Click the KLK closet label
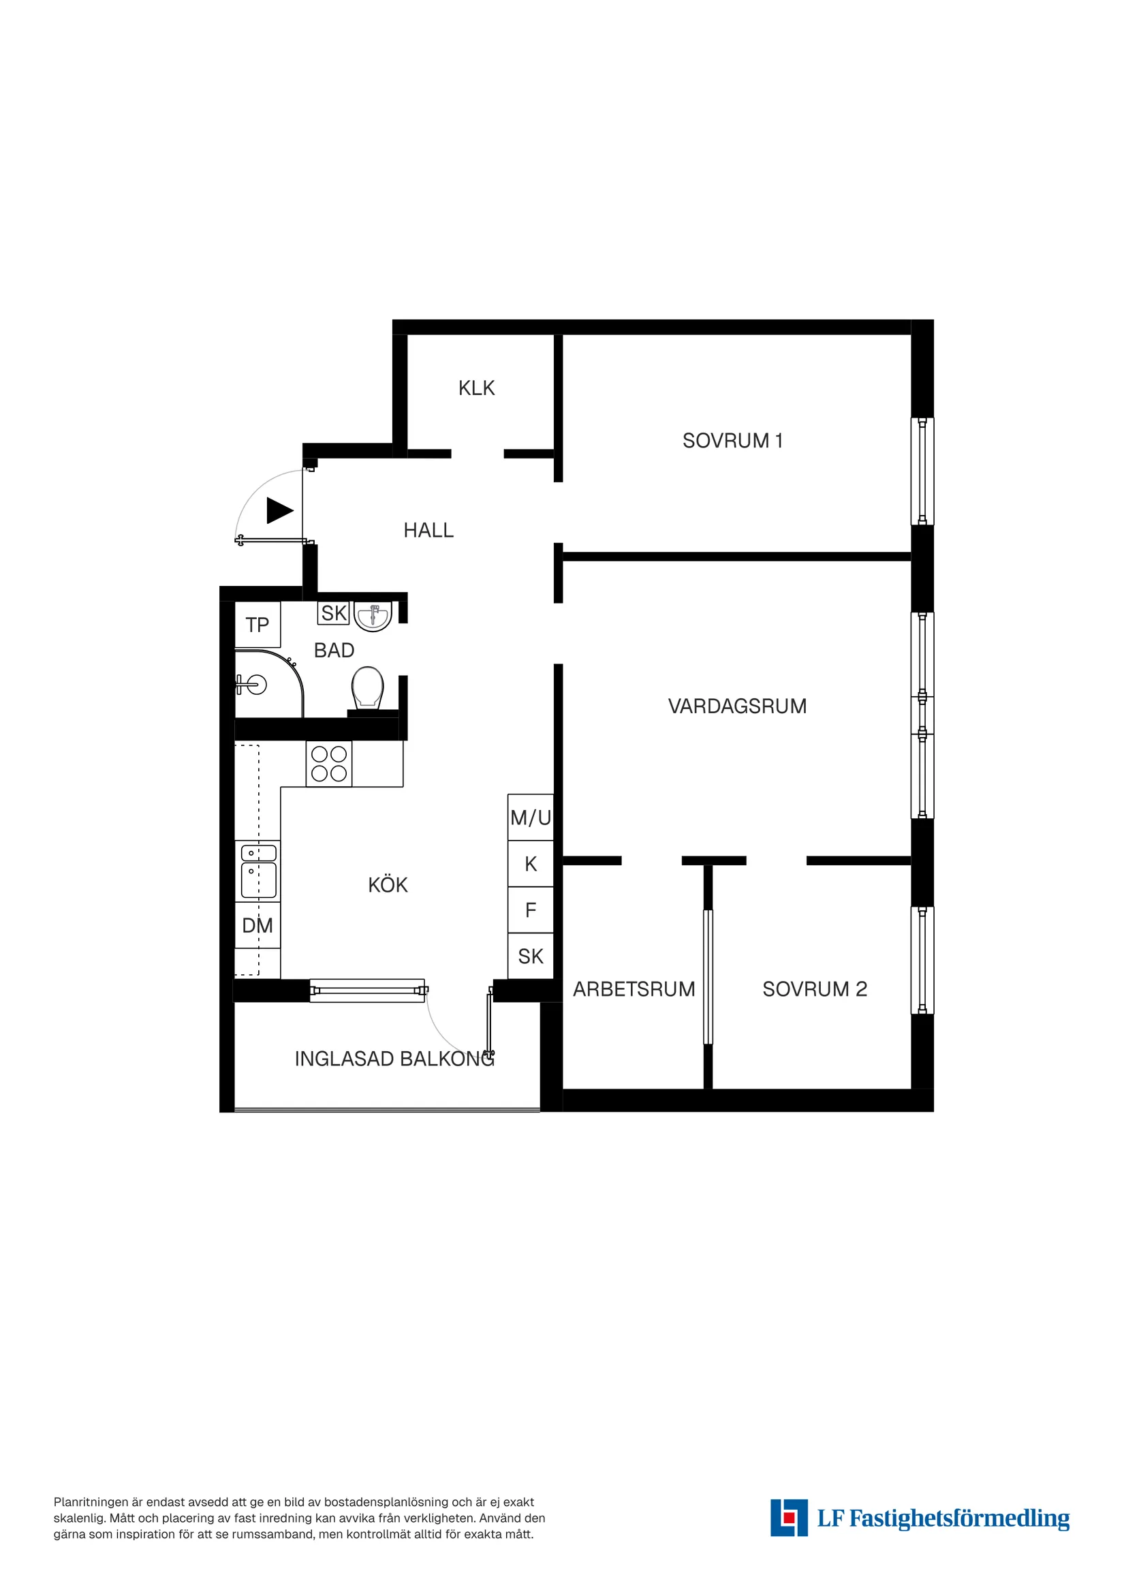(476, 388)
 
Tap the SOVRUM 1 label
(732, 441)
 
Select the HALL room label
(428, 531)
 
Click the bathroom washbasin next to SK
(373, 616)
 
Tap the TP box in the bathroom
(257, 625)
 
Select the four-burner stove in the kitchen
(329, 764)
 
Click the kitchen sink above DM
(258, 871)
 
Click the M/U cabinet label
(531, 818)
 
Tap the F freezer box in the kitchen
(531, 910)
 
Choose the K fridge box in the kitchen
(531, 864)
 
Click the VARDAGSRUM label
(737, 706)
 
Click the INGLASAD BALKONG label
(394, 1059)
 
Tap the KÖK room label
(388, 885)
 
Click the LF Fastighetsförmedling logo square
(789, 1518)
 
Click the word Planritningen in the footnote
(91, 1502)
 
